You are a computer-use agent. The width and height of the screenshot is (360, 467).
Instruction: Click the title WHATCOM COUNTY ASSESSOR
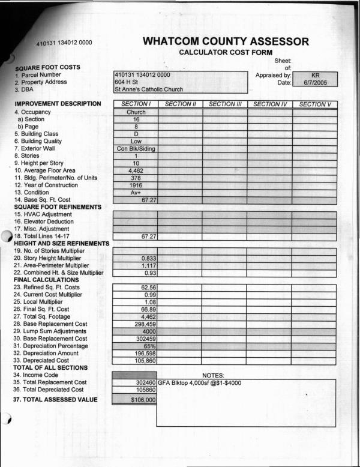pos(226,41)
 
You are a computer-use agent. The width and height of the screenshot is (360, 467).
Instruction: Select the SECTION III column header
pos(225,104)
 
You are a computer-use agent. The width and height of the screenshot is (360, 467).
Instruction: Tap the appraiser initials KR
pos(315,76)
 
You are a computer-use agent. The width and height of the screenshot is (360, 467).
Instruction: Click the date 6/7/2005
pos(315,82)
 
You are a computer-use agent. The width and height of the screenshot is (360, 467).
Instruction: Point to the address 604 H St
pos(127,82)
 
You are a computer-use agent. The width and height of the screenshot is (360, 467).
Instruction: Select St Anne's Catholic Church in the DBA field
pos(148,89)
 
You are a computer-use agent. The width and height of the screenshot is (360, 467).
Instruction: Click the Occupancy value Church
pos(136,112)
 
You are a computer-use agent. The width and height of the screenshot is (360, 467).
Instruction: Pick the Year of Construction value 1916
pos(136,185)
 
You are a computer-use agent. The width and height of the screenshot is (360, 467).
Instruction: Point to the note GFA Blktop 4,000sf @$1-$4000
pos(199,382)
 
